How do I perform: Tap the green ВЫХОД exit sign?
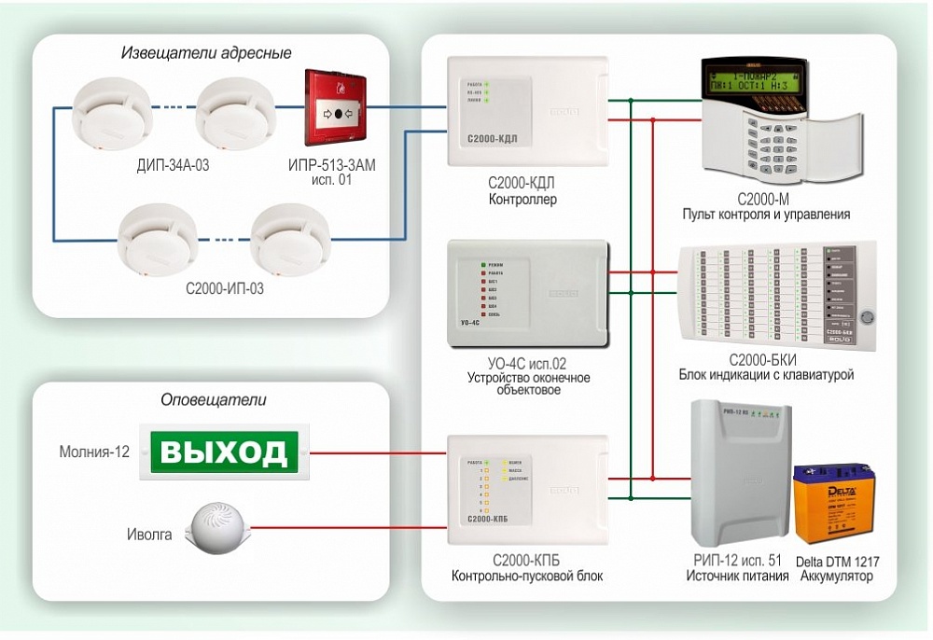pos(224,452)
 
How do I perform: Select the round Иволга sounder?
pos(217,527)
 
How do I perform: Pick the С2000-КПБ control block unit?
pos(527,490)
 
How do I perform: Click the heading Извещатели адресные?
pos(206,53)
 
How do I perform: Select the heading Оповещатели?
pos(214,400)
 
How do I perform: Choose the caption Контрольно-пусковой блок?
pos(526,577)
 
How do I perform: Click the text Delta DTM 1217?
pos(837,562)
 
